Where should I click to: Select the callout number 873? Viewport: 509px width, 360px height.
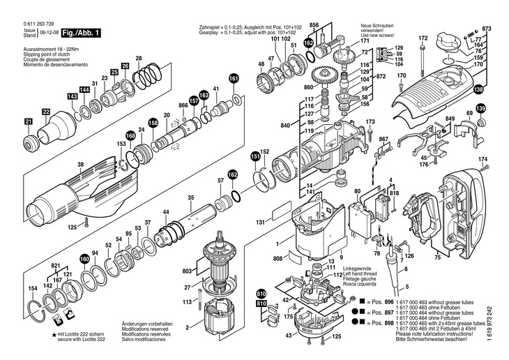point(487,28)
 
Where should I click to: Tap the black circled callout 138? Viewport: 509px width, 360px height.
point(478,89)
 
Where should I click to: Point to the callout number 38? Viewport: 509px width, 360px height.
point(81,165)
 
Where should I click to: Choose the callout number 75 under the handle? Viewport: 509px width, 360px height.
point(437,258)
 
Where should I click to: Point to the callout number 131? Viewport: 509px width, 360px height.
point(260,223)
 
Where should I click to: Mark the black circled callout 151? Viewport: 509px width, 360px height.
point(255,158)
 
